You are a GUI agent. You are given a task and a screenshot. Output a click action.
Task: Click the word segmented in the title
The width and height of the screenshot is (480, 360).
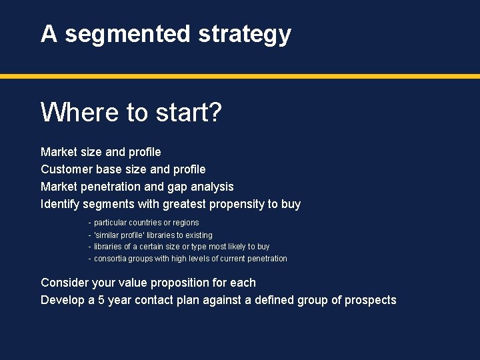tap(127, 34)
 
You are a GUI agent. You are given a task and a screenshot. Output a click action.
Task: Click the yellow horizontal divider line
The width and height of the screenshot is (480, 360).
tap(240, 76)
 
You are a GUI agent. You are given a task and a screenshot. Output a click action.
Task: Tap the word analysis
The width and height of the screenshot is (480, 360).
tap(213, 187)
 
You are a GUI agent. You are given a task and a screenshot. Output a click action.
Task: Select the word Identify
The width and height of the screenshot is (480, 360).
tap(61, 204)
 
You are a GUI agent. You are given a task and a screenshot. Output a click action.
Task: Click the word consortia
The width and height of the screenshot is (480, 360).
tap(111, 259)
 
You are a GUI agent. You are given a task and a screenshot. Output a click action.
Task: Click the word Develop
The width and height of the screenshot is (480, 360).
tap(63, 300)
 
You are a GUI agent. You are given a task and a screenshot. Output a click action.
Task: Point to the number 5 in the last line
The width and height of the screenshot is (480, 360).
tap(101, 300)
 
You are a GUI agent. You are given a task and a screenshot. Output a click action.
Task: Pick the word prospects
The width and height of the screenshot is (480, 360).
tap(370, 300)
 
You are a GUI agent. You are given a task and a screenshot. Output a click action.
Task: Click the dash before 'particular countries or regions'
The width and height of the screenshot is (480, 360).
tap(90, 223)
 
